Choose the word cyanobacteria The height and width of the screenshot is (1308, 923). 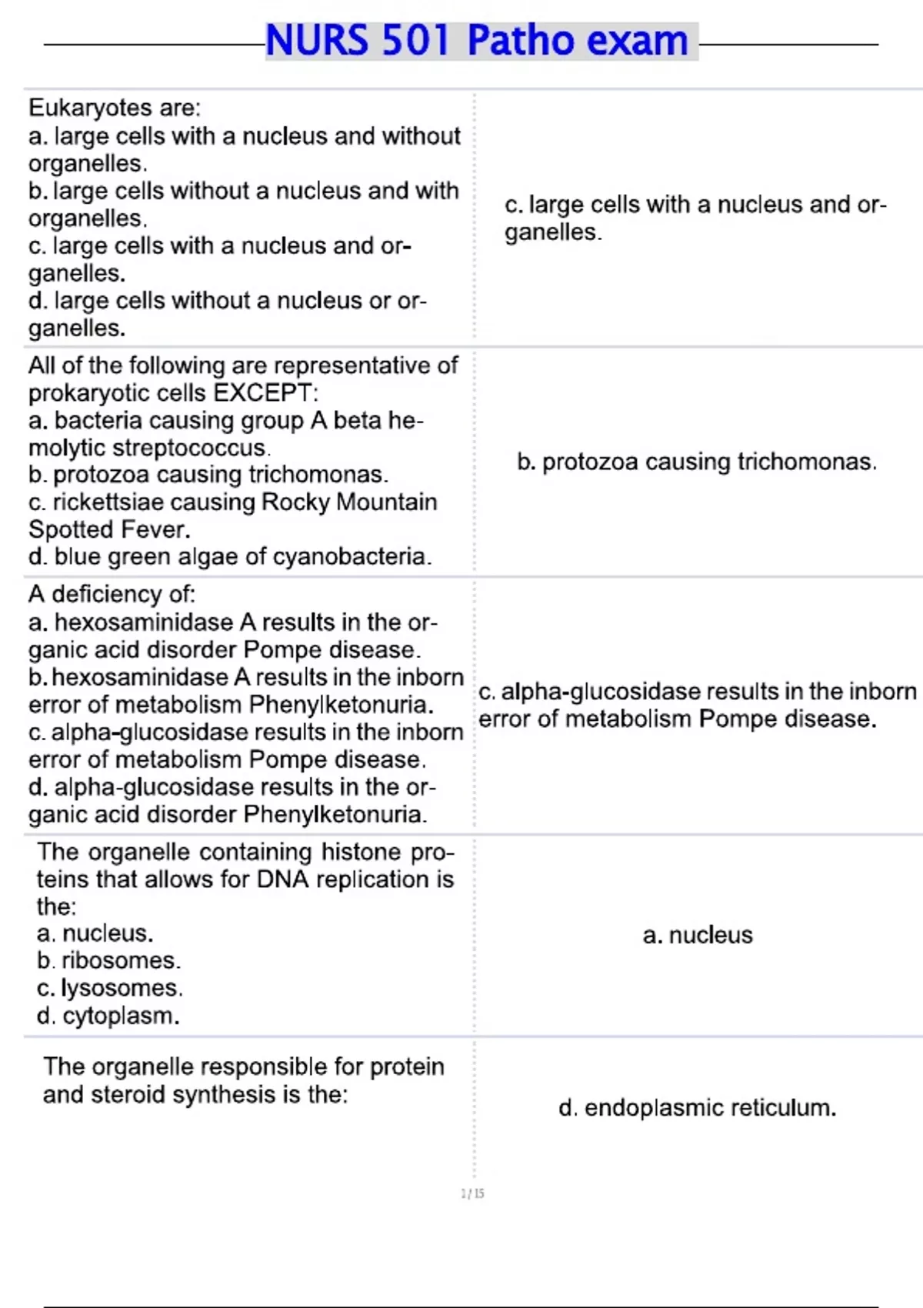coord(349,557)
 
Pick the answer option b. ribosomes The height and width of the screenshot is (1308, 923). coord(108,961)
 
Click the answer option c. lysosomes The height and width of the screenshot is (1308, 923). coord(109,989)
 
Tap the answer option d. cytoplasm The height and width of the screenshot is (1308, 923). coord(108,1016)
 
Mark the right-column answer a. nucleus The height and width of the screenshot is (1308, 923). coord(698,936)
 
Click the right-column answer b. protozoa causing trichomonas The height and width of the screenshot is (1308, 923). coord(697,462)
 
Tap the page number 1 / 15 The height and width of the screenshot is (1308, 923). coord(472,1193)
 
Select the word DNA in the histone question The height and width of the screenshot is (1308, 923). coord(282,879)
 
